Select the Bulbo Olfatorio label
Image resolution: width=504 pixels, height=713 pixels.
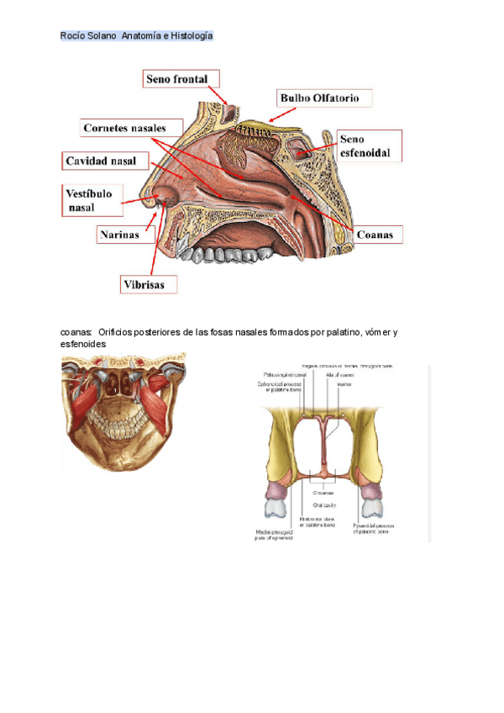click(320, 98)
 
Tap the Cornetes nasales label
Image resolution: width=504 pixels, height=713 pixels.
click(130, 129)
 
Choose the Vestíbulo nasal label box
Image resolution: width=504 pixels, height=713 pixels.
click(91, 199)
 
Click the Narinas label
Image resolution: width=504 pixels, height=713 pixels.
click(123, 235)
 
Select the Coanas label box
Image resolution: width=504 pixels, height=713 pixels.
click(375, 235)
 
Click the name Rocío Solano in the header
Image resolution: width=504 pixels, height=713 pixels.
click(88, 36)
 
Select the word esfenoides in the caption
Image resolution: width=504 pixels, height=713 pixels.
click(83, 345)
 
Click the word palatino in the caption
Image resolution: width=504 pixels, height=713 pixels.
click(300, 333)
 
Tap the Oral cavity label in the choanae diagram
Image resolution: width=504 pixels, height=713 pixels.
click(324, 504)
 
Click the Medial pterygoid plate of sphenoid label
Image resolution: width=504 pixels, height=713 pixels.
click(276, 535)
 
